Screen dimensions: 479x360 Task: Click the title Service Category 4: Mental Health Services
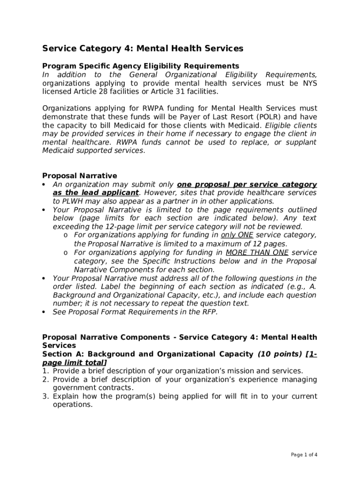coord(143,49)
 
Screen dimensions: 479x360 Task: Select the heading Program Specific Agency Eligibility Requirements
coord(140,66)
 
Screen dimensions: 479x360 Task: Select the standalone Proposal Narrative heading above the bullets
coord(79,176)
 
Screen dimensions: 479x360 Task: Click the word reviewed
coord(286,227)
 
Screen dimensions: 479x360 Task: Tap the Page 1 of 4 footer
coord(304,455)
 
